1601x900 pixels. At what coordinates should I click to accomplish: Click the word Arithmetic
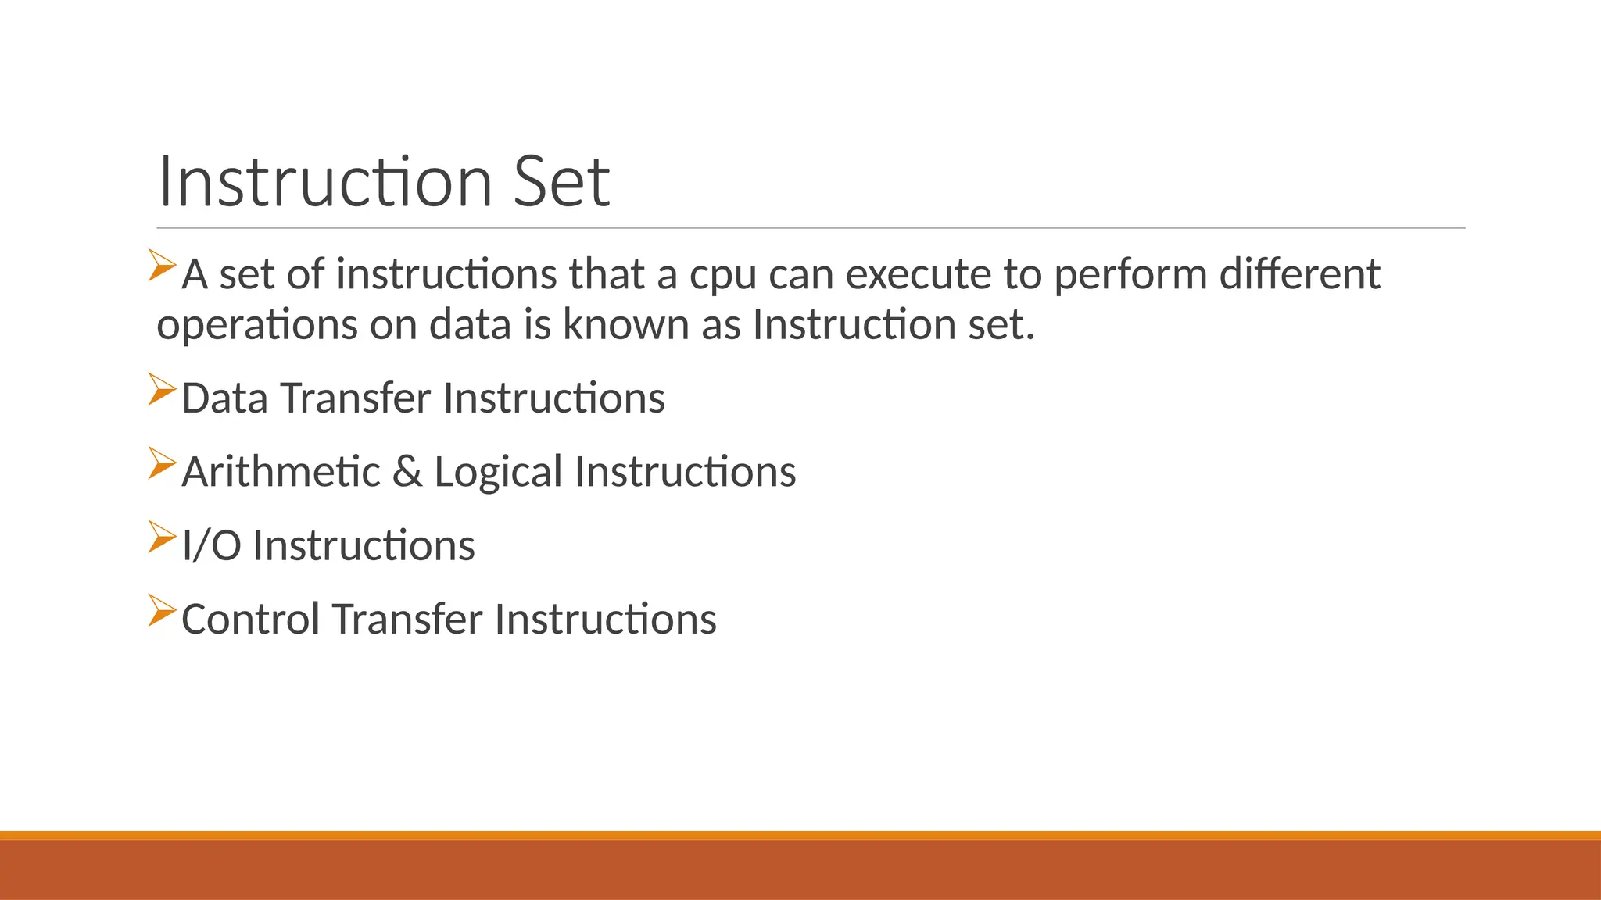click(281, 472)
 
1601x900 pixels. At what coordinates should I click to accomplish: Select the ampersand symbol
click(407, 472)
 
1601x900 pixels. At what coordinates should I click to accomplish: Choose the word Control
click(251, 619)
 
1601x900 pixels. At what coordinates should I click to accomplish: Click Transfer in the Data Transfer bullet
click(356, 398)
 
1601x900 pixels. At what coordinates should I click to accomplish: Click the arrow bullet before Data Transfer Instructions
click(162, 389)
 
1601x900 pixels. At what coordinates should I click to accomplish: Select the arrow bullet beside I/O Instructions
click(162, 537)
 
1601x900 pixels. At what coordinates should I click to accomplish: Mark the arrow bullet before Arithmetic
click(162, 463)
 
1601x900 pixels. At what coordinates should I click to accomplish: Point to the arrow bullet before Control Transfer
click(162, 610)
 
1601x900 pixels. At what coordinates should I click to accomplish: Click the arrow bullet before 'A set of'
click(162, 265)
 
